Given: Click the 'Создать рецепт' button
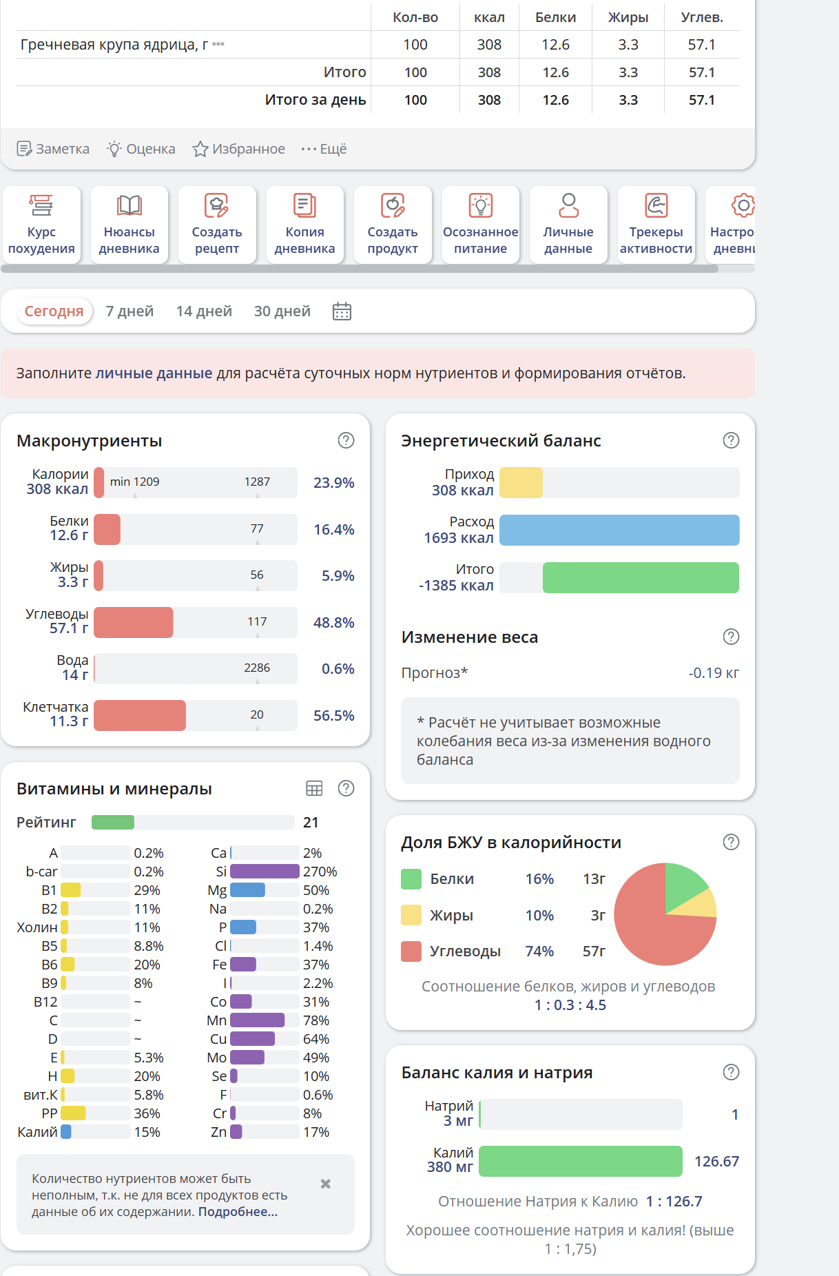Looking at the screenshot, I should pyautogui.click(x=217, y=225).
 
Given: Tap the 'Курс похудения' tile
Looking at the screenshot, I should pyautogui.click(x=41, y=225).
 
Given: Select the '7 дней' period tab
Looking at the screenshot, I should pyautogui.click(x=130, y=311).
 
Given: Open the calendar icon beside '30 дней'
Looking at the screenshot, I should pyautogui.click(x=342, y=311).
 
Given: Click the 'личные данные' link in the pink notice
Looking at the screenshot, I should pyautogui.click(x=154, y=373).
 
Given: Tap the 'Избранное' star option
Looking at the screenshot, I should pyautogui.click(x=238, y=149).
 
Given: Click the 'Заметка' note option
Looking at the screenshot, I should pyautogui.click(x=53, y=149).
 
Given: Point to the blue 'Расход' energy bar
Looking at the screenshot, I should pyautogui.click(x=619, y=530).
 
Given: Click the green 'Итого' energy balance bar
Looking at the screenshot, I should pyautogui.click(x=640, y=577).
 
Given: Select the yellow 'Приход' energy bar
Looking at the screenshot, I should pyautogui.click(x=521, y=482).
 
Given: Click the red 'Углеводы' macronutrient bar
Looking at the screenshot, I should pyautogui.click(x=134, y=622).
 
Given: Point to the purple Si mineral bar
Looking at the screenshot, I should pyautogui.click(x=265, y=872).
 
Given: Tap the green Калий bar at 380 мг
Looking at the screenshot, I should pyautogui.click(x=580, y=1161).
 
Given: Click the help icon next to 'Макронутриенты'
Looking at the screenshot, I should pyautogui.click(x=346, y=440).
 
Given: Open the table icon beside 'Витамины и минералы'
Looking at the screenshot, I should pyautogui.click(x=314, y=788).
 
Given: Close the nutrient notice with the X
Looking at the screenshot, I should pyautogui.click(x=326, y=1184).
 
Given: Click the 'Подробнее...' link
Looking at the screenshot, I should pyautogui.click(x=238, y=1212).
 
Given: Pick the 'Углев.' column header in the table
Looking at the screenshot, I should pyautogui.click(x=702, y=17).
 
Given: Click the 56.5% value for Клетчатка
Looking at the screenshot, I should pyautogui.click(x=333, y=715).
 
